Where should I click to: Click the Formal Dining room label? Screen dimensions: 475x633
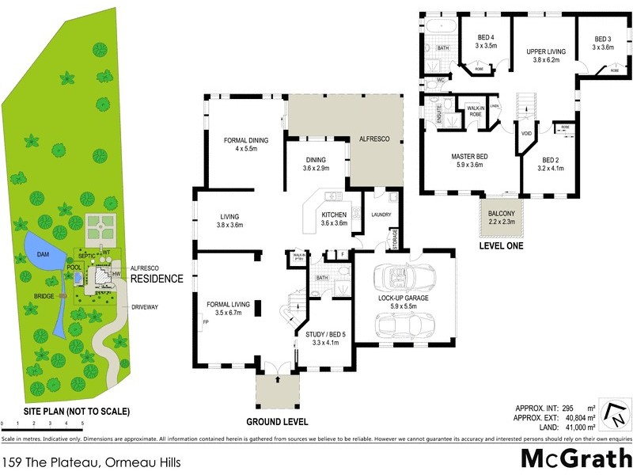click(x=246, y=140)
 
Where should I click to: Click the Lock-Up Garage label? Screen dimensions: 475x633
click(x=403, y=298)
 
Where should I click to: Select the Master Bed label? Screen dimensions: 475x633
click(x=469, y=157)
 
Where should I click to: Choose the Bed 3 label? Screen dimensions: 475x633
click(x=603, y=40)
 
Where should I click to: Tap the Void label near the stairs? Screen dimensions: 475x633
click(x=526, y=133)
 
